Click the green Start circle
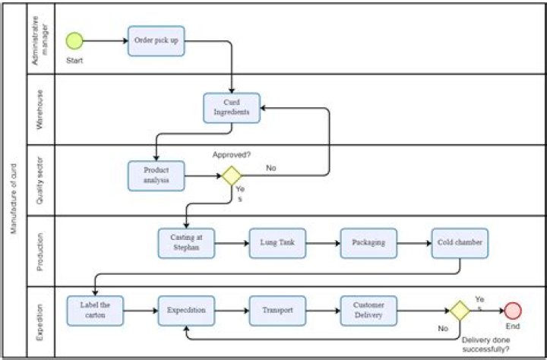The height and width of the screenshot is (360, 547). (x=74, y=40)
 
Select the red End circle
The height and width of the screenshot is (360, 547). (x=513, y=311)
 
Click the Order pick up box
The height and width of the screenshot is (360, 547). (x=157, y=41)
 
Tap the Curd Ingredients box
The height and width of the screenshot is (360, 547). (x=232, y=108)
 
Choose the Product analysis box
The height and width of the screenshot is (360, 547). (x=157, y=175)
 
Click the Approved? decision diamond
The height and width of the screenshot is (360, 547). (x=231, y=176)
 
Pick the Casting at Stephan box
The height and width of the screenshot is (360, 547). (x=186, y=243)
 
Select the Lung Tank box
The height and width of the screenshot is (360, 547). (x=277, y=243)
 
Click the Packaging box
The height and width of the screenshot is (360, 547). (x=368, y=243)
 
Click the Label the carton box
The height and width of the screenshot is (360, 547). (x=95, y=311)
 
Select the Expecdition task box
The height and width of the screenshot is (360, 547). (x=186, y=311)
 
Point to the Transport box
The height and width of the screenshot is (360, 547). (x=277, y=311)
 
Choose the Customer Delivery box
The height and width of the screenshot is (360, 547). (x=368, y=311)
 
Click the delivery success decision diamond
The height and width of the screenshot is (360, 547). (x=459, y=311)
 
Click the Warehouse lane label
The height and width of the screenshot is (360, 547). (x=41, y=108)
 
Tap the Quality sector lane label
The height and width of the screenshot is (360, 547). (x=41, y=179)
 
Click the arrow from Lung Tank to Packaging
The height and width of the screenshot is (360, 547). (x=323, y=243)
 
